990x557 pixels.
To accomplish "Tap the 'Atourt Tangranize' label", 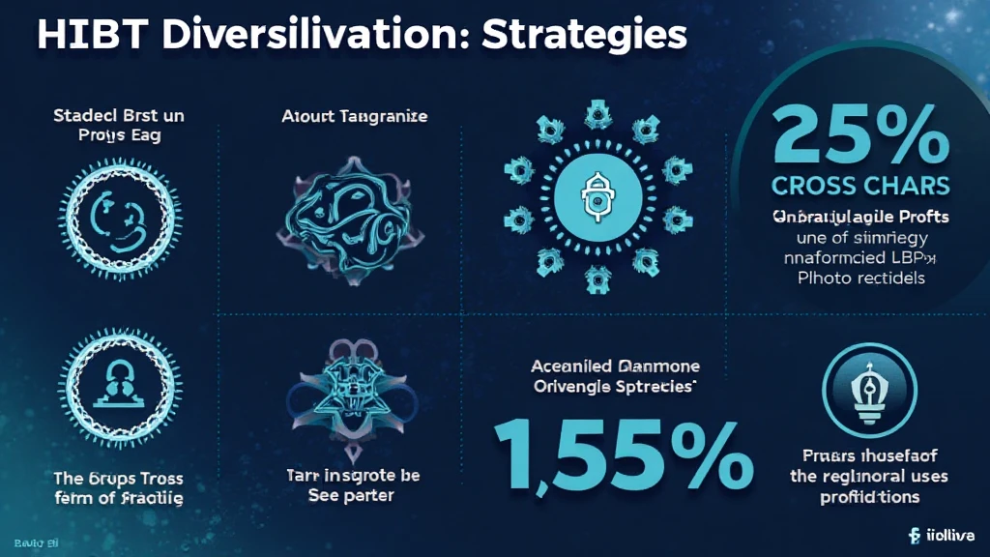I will [x=355, y=117].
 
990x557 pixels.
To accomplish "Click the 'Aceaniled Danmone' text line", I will [x=616, y=367].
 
